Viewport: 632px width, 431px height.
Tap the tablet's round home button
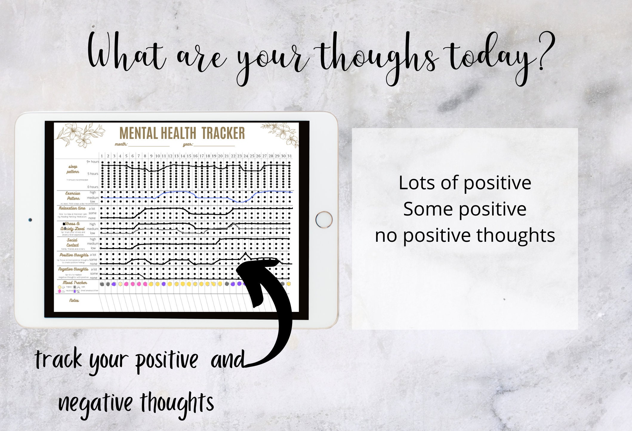[324, 219]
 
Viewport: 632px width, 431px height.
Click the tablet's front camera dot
[30, 220]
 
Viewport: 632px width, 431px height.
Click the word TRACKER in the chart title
[223, 133]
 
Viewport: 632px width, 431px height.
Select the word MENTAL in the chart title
[138, 133]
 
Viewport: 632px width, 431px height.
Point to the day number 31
[289, 156]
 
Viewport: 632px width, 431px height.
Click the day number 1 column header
[102, 156]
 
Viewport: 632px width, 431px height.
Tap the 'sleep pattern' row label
[73, 169]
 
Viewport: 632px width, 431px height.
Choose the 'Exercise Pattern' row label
[73, 196]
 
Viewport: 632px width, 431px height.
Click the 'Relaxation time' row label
[72, 208]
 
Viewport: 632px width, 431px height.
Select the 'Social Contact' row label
[72, 242]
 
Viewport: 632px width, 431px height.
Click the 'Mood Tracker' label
[75, 282]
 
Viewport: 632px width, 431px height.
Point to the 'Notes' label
[74, 300]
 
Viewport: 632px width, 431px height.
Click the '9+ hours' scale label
[93, 161]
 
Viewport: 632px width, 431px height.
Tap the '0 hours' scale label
[93, 187]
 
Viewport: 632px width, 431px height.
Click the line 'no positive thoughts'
[465, 235]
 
